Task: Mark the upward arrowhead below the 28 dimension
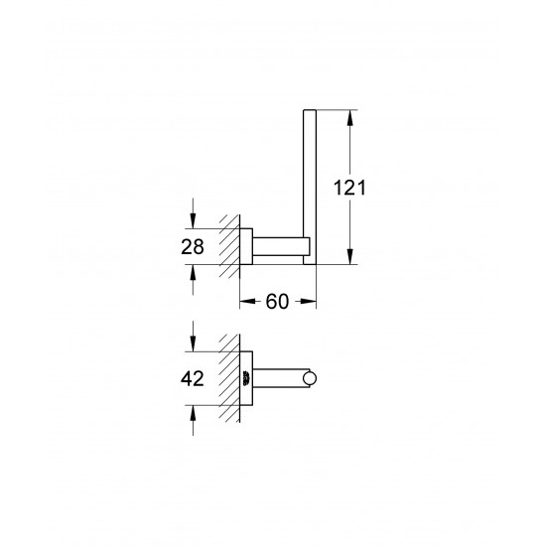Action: (x=192, y=271)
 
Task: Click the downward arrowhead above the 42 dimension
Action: (x=192, y=346)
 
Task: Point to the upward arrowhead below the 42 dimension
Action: (x=192, y=410)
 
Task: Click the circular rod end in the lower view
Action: (x=313, y=377)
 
